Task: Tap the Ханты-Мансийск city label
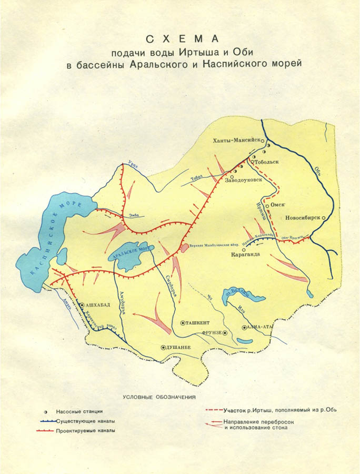(x=237, y=141)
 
